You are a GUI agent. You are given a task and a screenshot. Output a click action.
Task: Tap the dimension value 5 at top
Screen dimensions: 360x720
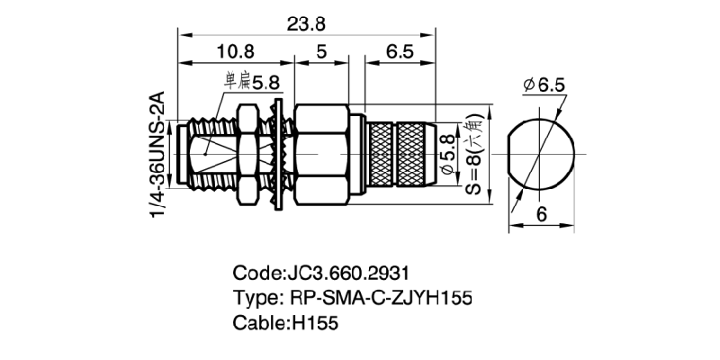click(321, 53)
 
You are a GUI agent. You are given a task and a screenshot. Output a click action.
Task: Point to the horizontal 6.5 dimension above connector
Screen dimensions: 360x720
click(399, 53)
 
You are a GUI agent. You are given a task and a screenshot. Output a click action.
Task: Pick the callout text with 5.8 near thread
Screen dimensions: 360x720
click(253, 83)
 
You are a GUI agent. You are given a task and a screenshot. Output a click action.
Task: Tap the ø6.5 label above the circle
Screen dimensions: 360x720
click(542, 85)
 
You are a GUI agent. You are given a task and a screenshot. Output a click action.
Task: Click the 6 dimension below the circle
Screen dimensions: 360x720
click(542, 214)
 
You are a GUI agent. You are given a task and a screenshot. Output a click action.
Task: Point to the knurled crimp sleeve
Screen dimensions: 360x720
click(397, 153)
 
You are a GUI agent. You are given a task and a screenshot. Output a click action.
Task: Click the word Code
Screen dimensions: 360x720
click(256, 272)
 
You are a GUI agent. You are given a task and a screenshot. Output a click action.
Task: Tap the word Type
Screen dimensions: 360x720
click(256, 297)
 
